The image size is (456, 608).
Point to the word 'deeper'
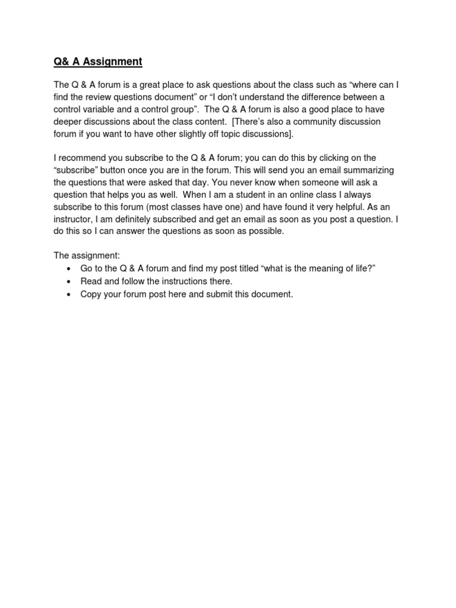(68, 122)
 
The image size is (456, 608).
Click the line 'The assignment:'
(87, 256)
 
